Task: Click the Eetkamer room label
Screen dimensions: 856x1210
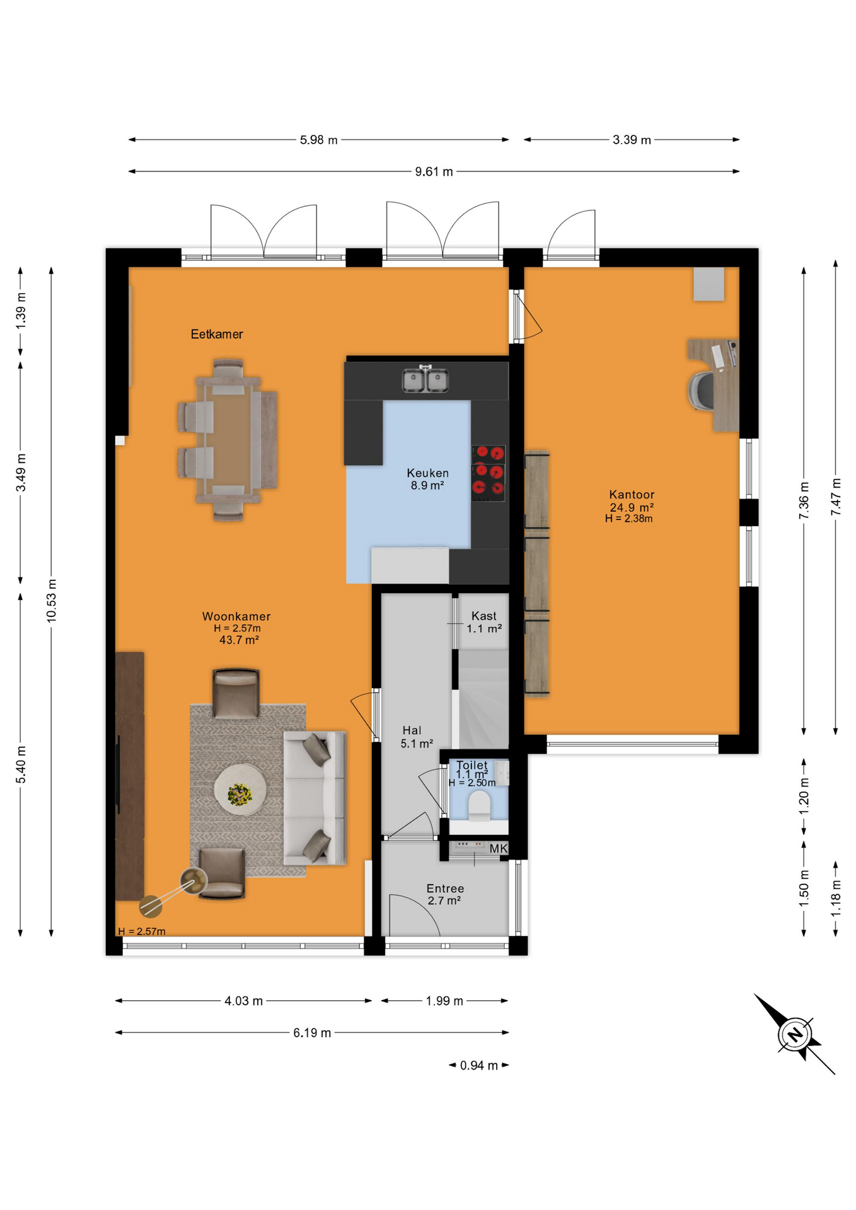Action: click(217, 334)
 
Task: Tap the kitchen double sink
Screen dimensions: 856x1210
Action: click(425, 379)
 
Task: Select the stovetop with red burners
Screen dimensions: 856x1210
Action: click(489, 473)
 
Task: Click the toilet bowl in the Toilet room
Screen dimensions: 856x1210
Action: click(479, 806)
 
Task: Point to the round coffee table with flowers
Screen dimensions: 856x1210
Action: click(240, 790)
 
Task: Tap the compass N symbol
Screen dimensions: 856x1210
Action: click(795, 1034)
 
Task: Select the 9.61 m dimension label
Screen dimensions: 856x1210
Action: click(434, 171)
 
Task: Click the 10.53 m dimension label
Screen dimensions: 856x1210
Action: click(52, 601)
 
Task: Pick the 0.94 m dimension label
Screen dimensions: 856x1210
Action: click(479, 1066)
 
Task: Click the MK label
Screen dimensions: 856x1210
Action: click(498, 848)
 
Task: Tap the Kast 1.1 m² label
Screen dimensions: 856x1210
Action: click(484, 622)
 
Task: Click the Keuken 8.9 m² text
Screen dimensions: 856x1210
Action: click(427, 479)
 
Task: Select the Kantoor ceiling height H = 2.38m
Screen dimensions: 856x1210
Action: click(628, 519)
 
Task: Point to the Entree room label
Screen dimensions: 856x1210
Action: click(445, 889)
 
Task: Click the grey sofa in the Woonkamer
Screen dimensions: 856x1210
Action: click(315, 798)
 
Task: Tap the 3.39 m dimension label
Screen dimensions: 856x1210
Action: click(632, 140)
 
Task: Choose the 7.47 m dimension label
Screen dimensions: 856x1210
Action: click(836, 497)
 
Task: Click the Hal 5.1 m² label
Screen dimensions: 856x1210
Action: click(417, 737)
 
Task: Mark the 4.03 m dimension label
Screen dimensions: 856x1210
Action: click(243, 1001)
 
